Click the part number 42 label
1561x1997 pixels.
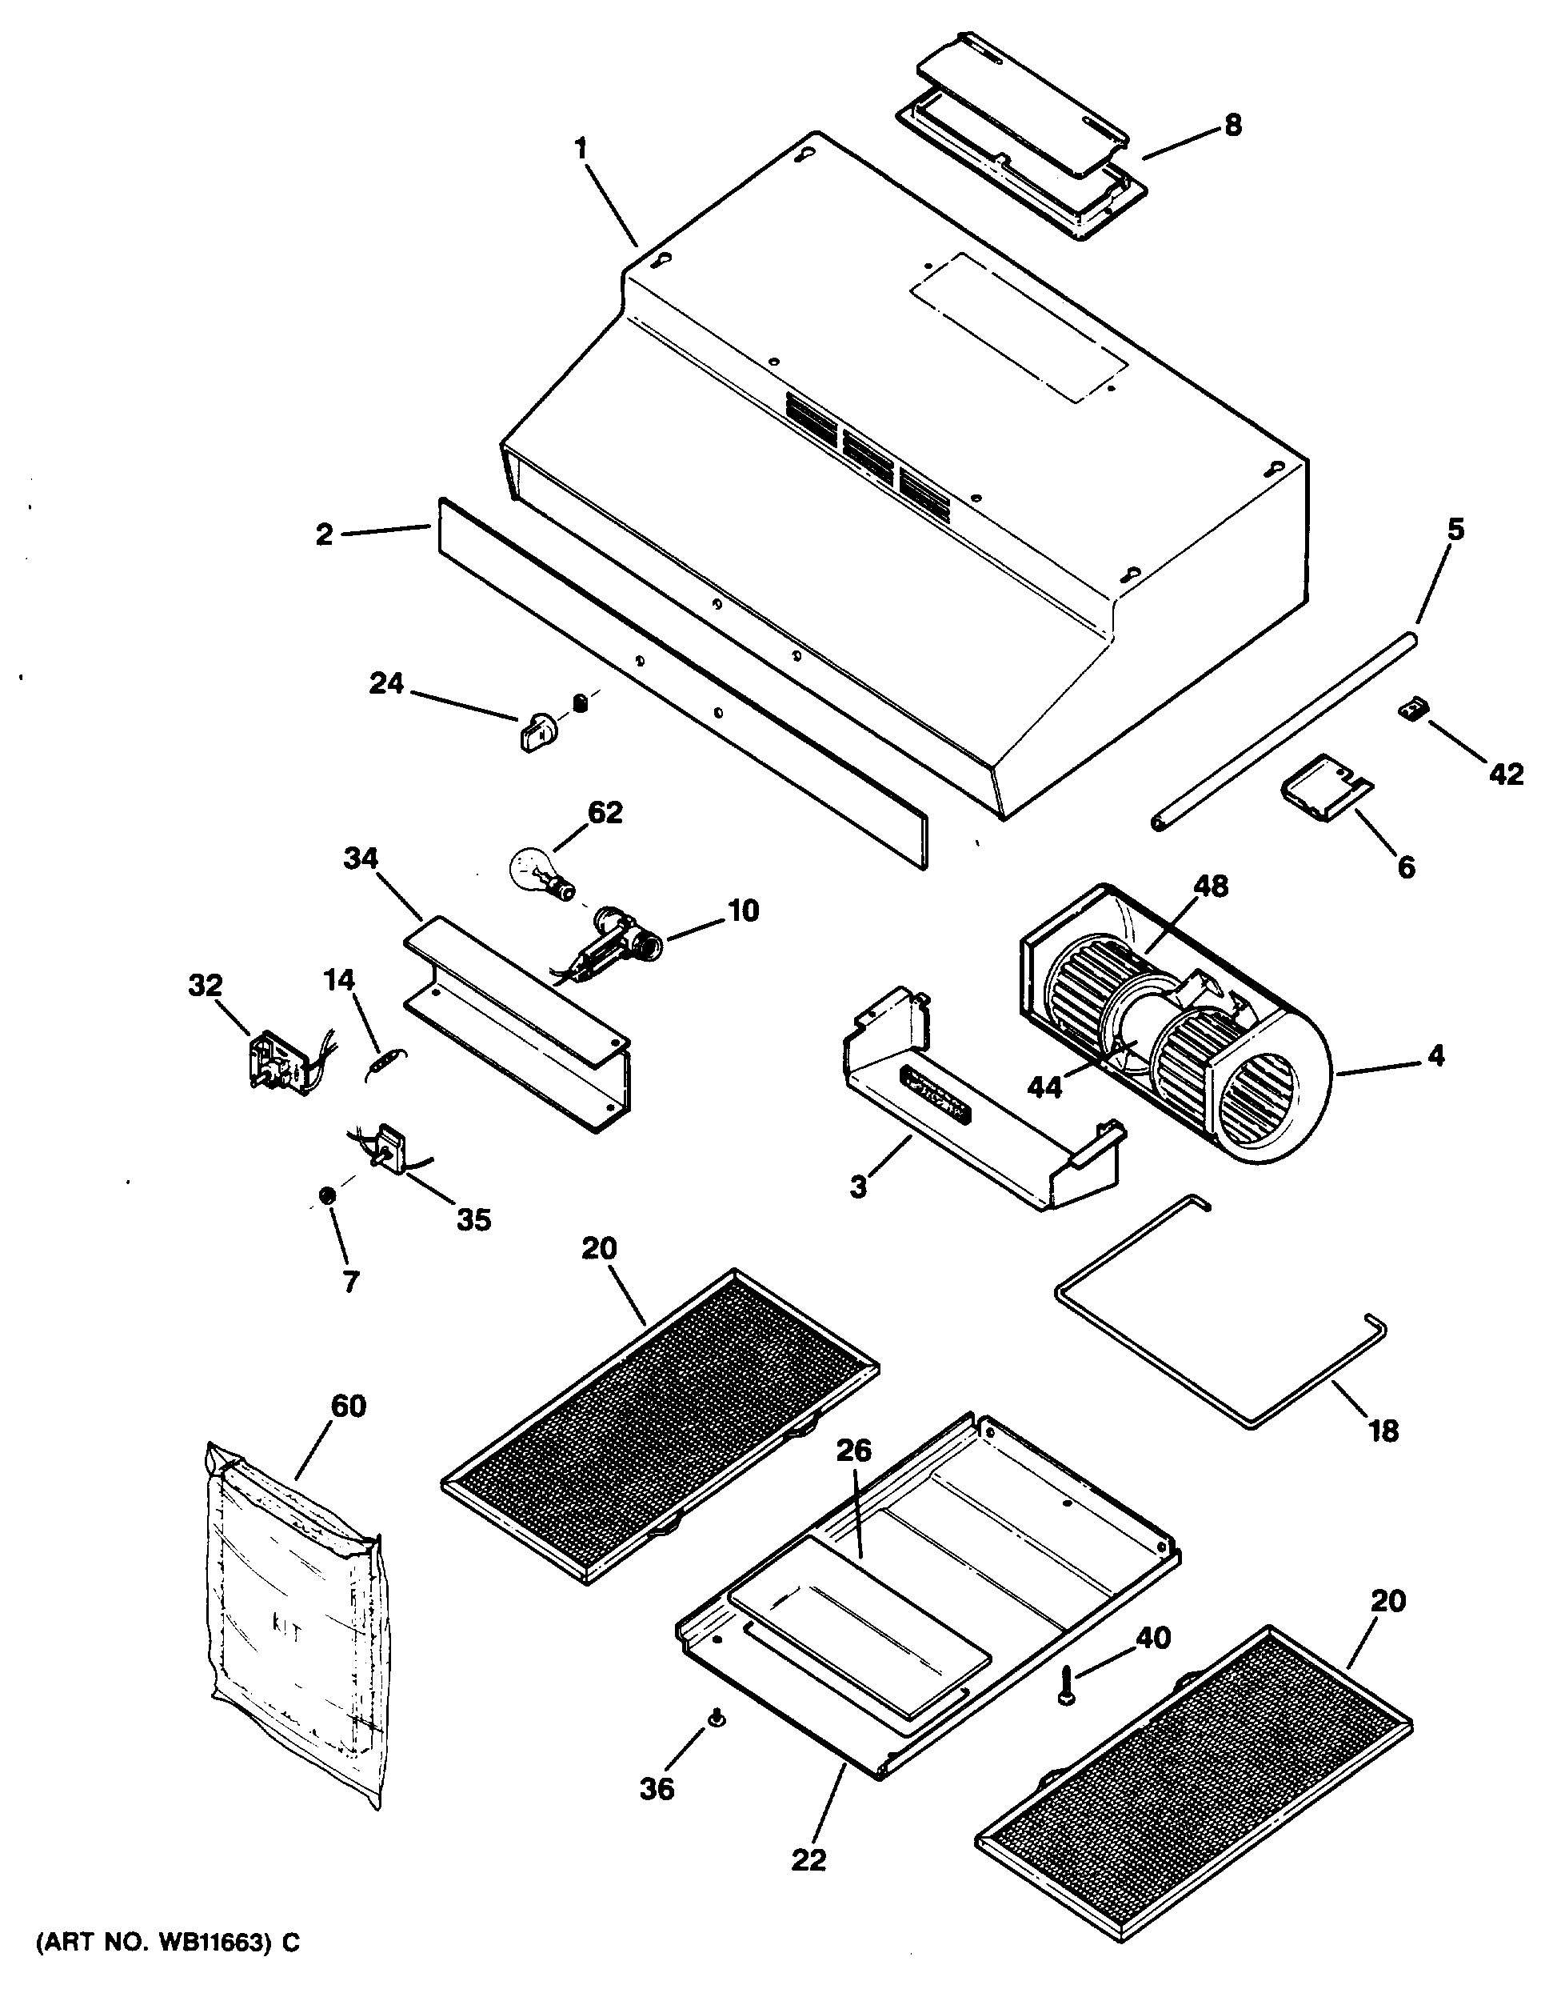click(x=1505, y=774)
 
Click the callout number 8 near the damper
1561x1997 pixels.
click(x=1233, y=126)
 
